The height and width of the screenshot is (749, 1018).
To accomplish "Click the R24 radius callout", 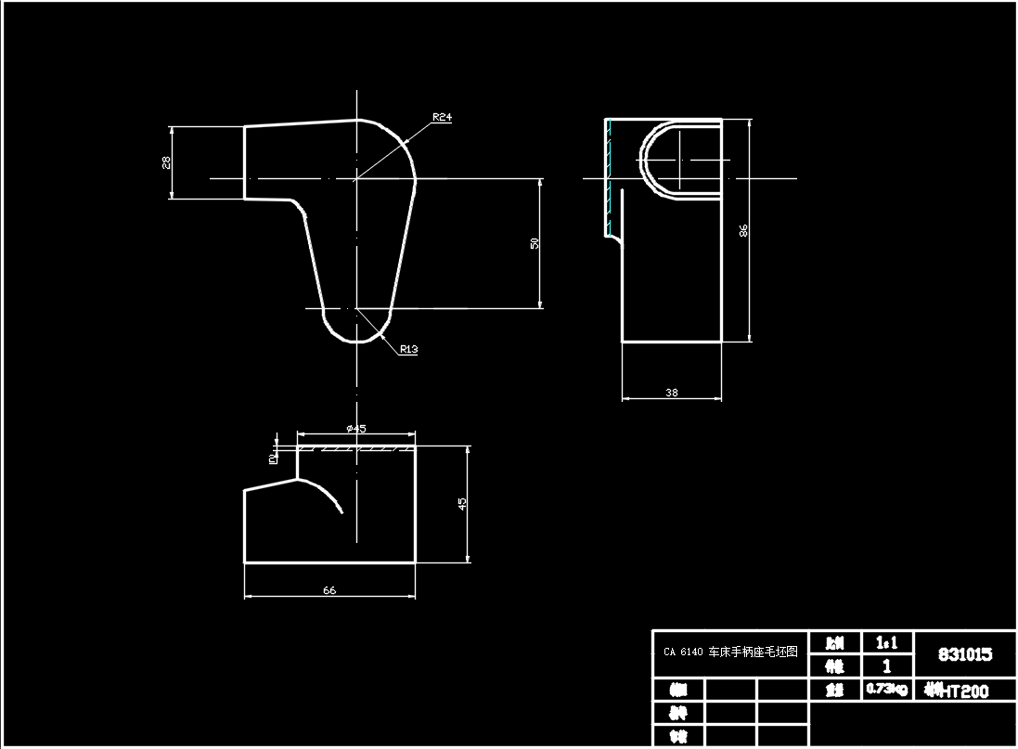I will pyautogui.click(x=442, y=118).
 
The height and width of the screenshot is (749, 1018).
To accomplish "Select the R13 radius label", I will pyautogui.click(x=409, y=350).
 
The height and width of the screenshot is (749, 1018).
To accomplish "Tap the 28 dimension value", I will pyautogui.click(x=166, y=161).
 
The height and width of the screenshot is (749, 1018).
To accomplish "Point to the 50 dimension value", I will pyautogui.click(x=535, y=243).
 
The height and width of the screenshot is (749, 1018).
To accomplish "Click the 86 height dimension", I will pyautogui.click(x=743, y=230).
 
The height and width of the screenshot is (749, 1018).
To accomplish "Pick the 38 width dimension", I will pyautogui.click(x=672, y=393).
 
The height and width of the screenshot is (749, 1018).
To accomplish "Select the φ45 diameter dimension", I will pyautogui.click(x=355, y=428).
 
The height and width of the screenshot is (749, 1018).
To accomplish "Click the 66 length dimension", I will pyautogui.click(x=329, y=590).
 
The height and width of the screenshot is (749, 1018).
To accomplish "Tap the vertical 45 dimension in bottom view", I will pyautogui.click(x=462, y=503).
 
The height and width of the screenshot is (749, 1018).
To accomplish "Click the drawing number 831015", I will pyautogui.click(x=964, y=654).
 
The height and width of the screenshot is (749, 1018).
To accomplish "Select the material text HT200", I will pyautogui.click(x=969, y=691).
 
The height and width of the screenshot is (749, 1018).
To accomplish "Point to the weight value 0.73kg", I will pyautogui.click(x=886, y=689).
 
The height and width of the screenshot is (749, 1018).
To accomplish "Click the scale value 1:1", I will pyautogui.click(x=886, y=642).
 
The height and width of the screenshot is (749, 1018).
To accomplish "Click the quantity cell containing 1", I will pyautogui.click(x=886, y=665).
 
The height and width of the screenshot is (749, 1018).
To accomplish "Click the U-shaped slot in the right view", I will pyautogui.click(x=680, y=159).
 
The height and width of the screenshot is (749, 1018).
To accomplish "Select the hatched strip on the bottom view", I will pyautogui.click(x=355, y=448).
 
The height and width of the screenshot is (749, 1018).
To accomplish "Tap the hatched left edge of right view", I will pyautogui.click(x=609, y=176).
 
